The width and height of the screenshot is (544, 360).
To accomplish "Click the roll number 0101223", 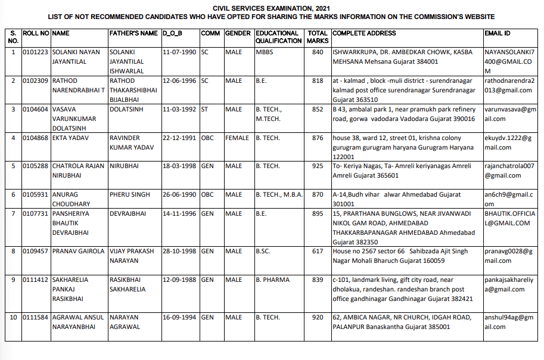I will [36, 52].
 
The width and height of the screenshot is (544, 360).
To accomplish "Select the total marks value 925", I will [317, 166].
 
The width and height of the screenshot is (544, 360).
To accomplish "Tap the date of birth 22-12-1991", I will [181, 137].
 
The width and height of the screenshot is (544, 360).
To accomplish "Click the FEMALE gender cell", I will [238, 137].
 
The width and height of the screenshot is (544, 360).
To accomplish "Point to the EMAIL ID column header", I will [497, 33].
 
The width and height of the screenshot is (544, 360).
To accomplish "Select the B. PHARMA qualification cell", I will [273, 280].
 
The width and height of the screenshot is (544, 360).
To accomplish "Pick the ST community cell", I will [204, 109].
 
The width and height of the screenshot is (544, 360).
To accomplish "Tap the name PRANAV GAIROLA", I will [78, 252].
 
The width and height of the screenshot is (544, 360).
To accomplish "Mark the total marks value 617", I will [317, 252].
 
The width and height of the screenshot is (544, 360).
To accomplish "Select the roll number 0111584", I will [36, 318].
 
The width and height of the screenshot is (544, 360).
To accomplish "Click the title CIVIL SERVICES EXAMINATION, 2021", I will [271, 8].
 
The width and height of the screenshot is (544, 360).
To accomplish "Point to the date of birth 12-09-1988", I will [181, 280].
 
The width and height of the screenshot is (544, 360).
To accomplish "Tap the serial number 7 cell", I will [13, 213].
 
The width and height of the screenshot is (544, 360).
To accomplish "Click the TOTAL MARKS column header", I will [318, 37].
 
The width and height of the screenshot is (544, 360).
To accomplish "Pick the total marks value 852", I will [317, 109].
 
